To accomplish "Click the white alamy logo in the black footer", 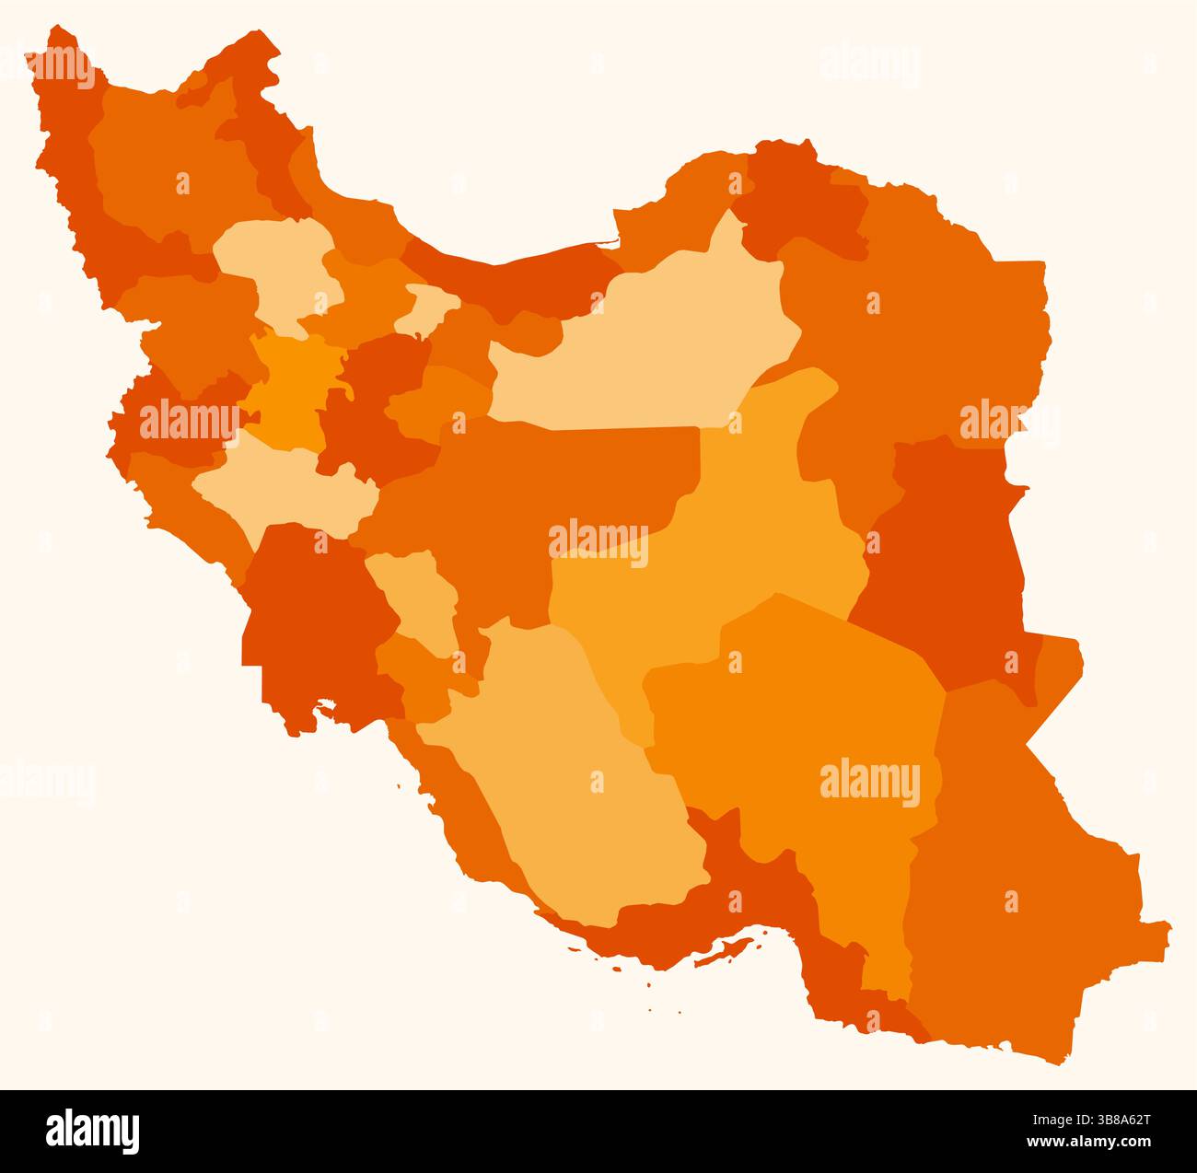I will click(x=92, y=1131).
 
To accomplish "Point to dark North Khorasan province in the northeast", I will click(x=801, y=203).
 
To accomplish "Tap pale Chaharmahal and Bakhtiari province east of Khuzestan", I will click(x=419, y=598).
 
